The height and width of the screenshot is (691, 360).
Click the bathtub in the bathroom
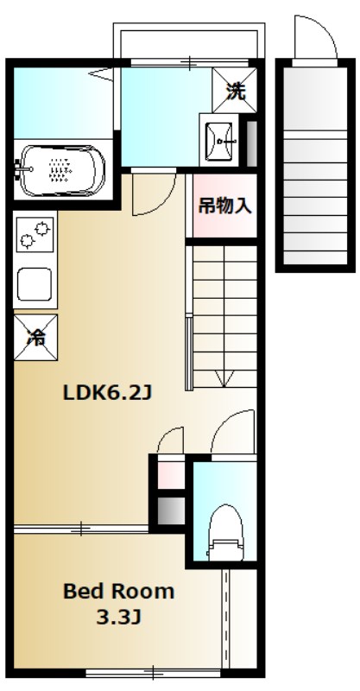60,169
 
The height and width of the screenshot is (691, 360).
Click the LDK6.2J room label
107,393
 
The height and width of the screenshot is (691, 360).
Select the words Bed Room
118,593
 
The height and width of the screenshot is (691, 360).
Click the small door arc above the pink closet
171,439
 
